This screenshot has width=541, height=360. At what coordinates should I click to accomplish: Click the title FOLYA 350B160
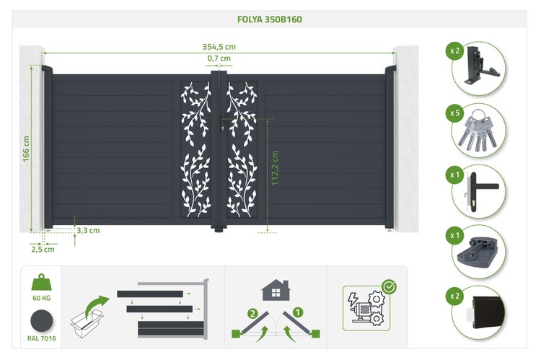270,19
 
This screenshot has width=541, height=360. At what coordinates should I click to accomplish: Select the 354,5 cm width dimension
219,47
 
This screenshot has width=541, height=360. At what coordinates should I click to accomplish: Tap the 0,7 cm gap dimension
219,58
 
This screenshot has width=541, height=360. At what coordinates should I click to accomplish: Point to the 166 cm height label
26,149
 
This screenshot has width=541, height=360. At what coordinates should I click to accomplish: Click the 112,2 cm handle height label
275,168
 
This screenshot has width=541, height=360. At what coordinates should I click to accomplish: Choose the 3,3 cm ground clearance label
88,230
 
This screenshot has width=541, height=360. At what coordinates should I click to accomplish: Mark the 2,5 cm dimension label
43,249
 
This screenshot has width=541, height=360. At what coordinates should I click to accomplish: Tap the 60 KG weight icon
41,282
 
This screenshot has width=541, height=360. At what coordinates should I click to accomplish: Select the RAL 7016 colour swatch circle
41,321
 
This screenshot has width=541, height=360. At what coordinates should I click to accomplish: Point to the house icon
276,290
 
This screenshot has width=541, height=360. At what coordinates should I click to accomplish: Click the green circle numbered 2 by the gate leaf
253,314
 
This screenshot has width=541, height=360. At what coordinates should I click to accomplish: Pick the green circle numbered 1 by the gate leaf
298,312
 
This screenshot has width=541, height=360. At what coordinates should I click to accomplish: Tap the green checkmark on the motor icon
390,286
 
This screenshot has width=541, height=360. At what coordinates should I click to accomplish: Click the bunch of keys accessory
478,131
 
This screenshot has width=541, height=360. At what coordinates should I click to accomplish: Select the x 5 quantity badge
454,113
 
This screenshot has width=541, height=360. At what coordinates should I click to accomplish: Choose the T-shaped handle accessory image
480,191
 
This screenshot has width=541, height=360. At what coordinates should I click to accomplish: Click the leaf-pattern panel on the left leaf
195,150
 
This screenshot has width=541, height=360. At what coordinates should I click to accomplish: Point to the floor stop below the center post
219,229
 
